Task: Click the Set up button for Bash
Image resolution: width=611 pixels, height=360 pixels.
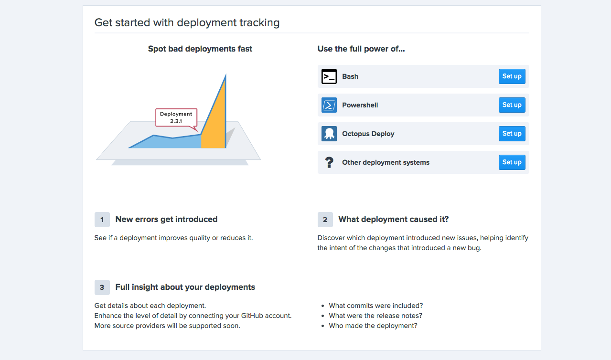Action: click(x=512, y=76)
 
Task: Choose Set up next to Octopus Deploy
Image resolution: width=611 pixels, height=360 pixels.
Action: click(x=512, y=134)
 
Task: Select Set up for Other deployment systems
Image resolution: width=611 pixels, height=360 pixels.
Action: click(x=512, y=162)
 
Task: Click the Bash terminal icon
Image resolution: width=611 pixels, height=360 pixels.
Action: click(x=329, y=76)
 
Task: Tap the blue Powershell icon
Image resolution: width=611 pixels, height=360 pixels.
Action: click(x=329, y=105)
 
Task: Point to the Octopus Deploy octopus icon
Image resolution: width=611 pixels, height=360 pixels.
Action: click(x=329, y=134)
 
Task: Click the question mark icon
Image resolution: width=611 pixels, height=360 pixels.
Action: click(x=329, y=162)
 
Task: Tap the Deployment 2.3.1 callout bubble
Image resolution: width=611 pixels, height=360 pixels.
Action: click(x=176, y=117)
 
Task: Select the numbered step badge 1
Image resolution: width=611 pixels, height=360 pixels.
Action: click(x=102, y=220)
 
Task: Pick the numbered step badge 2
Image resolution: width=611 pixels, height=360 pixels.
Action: click(x=325, y=220)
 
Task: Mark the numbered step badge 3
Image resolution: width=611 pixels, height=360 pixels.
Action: click(x=102, y=287)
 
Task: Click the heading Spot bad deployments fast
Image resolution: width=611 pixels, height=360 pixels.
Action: click(x=200, y=49)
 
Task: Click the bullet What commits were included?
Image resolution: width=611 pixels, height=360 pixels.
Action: click(x=375, y=306)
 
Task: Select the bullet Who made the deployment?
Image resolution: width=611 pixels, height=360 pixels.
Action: click(x=373, y=326)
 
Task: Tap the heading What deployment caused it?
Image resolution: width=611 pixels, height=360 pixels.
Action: click(x=393, y=219)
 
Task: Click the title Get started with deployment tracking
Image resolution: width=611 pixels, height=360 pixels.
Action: click(x=187, y=22)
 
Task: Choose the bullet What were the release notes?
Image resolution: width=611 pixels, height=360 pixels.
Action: click(x=375, y=316)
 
